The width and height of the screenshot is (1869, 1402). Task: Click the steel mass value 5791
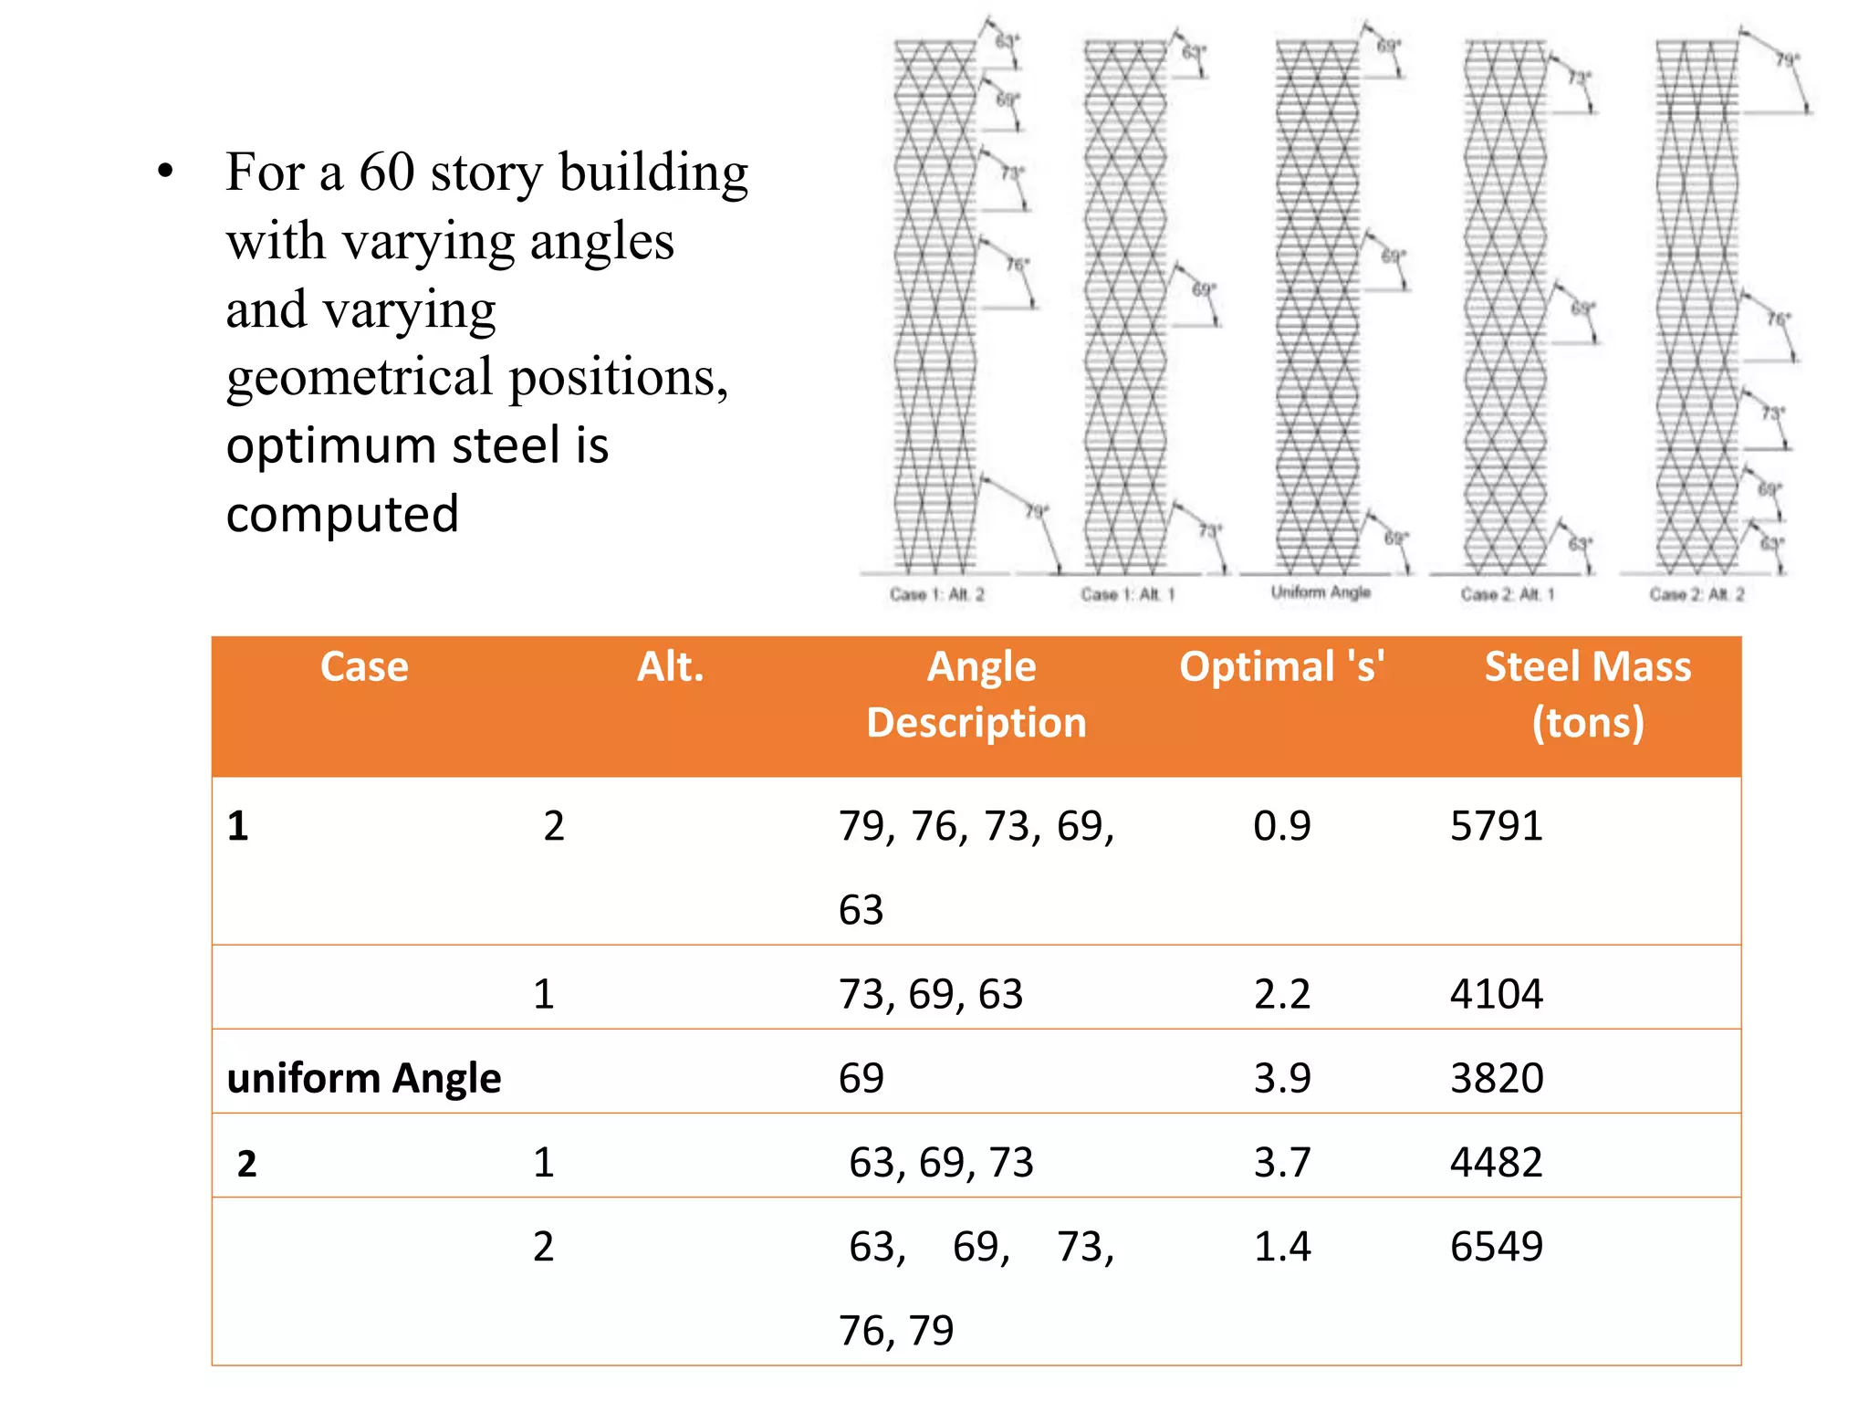(1496, 826)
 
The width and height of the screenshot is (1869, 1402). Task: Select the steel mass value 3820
(1497, 1078)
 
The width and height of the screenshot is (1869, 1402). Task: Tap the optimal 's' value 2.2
(1281, 994)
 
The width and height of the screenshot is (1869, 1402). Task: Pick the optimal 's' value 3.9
(1281, 1078)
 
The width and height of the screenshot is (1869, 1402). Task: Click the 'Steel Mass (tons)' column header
(1587, 694)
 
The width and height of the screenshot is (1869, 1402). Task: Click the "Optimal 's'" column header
(1281, 666)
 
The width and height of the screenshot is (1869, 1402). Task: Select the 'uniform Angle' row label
(363, 1078)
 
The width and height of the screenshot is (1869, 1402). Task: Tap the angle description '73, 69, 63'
(931, 994)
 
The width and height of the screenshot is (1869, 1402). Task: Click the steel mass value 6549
(1496, 1247)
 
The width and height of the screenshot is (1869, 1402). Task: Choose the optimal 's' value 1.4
(1281, 1247)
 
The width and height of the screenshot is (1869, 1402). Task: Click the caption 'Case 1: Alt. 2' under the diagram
(937, 595)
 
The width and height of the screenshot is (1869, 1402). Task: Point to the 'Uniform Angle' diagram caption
(1321, 592)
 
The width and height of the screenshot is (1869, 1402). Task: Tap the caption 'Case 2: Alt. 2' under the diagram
(1697, 595)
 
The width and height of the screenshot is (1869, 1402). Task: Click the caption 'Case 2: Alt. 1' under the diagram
(1507, 595)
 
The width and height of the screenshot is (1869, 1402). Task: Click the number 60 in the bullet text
(386, 172)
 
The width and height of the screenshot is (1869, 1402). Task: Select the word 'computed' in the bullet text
(342, 514)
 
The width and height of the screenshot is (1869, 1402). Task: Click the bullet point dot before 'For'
(165, 172)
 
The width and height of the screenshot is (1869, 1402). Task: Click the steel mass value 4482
(1496, 1163)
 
